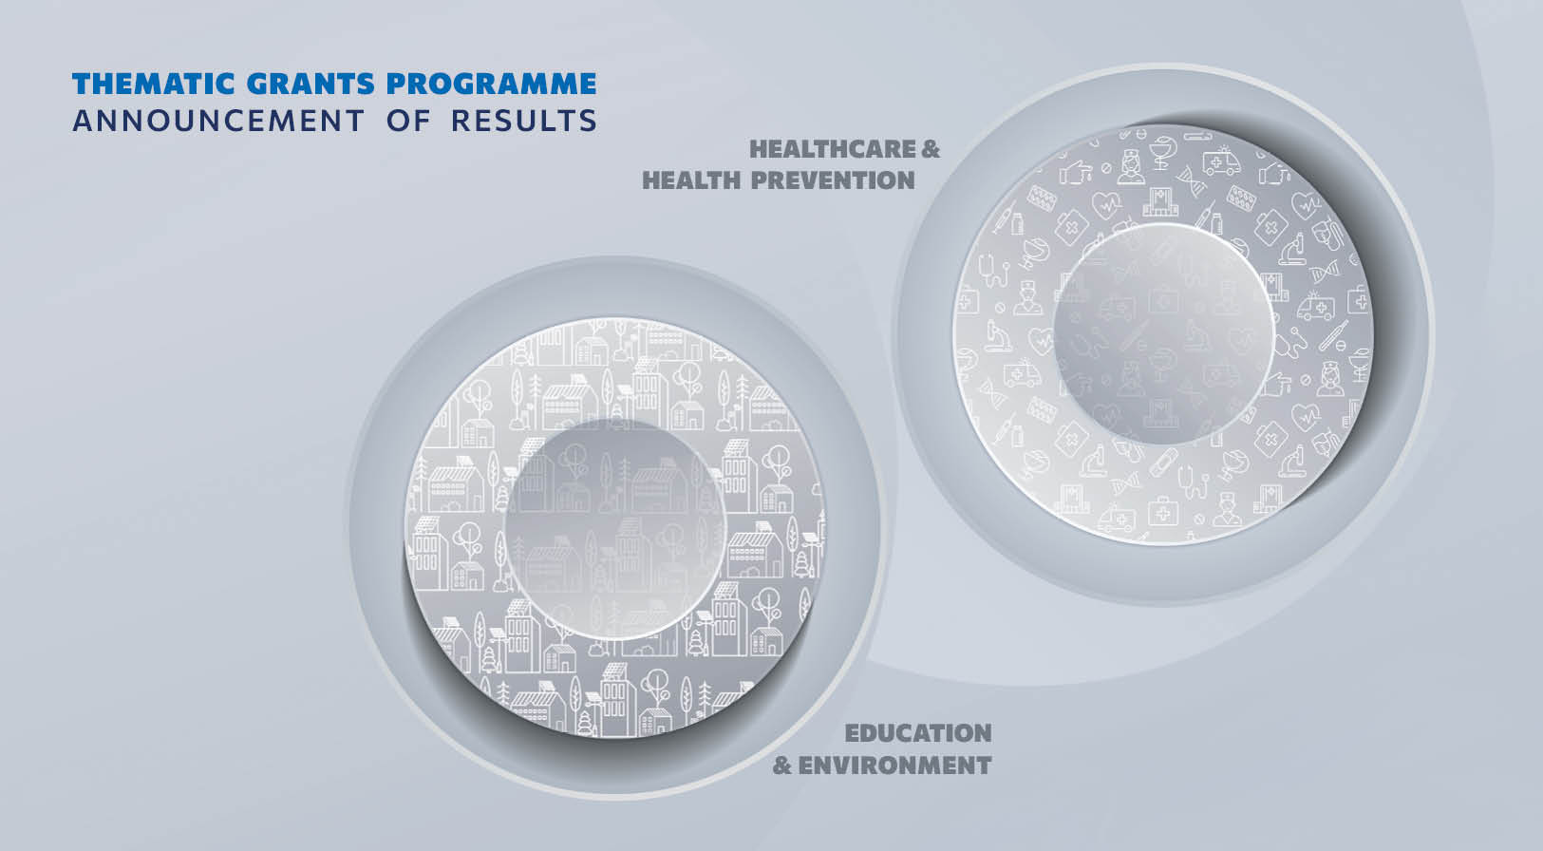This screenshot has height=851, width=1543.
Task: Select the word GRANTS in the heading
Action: tap(310, 84)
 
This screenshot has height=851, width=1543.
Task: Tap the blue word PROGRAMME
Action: tap(491, 84)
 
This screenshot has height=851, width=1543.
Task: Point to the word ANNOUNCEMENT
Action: tap(217, 121)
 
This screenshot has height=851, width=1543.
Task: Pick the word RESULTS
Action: tap(524, 121)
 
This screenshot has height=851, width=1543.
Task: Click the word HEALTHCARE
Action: tap(833, 149)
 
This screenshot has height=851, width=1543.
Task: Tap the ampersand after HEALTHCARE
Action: tap(931, 149)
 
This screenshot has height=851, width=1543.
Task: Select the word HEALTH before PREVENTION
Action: tap(691, 180)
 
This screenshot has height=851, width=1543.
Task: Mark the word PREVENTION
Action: tap(833, 180)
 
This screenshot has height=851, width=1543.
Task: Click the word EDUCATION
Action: tap(918, 733)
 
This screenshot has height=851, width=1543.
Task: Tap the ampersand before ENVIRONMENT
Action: tap(781, 766)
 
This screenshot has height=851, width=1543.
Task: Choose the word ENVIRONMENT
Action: tap(894, 766)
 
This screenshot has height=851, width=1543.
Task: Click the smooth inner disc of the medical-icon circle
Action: tap(1163, 333)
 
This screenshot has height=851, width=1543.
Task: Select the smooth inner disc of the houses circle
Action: tap(615, 529)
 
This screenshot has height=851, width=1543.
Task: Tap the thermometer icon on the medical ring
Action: tap(1333, 336)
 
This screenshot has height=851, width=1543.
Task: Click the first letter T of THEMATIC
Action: tap(82, 84)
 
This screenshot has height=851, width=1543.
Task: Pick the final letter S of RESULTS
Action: tap(588, 121)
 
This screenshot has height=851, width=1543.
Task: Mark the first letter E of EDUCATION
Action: tap(853, 733)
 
